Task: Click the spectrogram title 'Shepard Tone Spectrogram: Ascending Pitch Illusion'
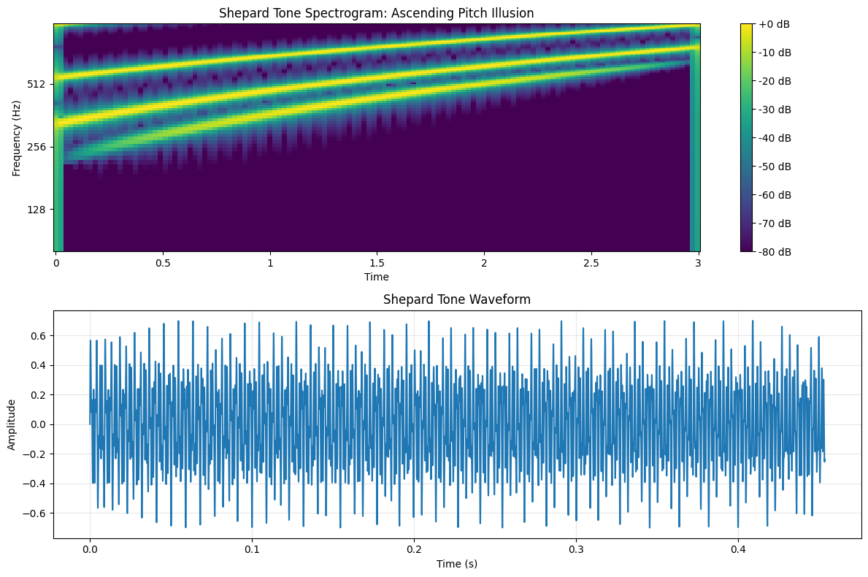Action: coord(377,12)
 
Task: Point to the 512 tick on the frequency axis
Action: coord(37,84)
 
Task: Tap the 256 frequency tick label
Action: coord(37,147)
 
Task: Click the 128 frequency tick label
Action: coord(37,210)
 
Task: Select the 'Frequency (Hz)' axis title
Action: coord(17,138)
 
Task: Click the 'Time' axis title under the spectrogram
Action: coord(377,277)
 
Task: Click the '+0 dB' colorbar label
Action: coord(774,24)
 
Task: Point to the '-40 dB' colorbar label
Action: coord(774,138)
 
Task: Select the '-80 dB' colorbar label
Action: coord(774,252)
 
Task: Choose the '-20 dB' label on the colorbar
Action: coord(774,81)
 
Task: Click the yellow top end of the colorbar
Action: coord(746,27)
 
